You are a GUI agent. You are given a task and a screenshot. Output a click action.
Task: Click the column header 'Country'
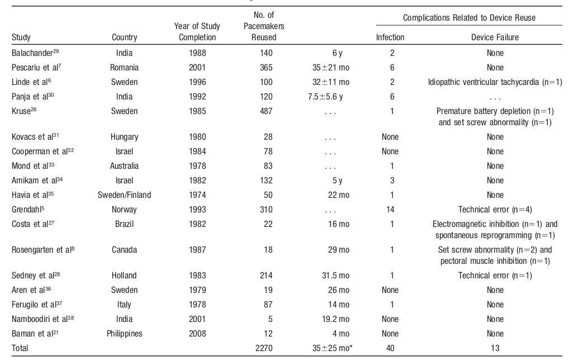(125, 37)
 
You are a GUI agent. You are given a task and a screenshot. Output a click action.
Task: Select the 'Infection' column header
(390, 37)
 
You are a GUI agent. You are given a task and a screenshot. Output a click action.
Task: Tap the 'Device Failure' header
(495, 37)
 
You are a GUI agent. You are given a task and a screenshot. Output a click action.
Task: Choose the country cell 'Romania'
(125, 67)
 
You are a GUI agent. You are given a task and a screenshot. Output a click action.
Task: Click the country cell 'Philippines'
(125, 334)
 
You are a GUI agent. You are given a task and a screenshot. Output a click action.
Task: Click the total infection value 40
(392, 348)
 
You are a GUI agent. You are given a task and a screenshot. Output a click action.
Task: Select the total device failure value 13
(495, 348)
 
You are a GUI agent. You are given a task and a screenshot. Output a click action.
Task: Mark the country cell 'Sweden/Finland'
(125, 195)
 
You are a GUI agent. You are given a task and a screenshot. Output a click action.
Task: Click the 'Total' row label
(20, 348)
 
